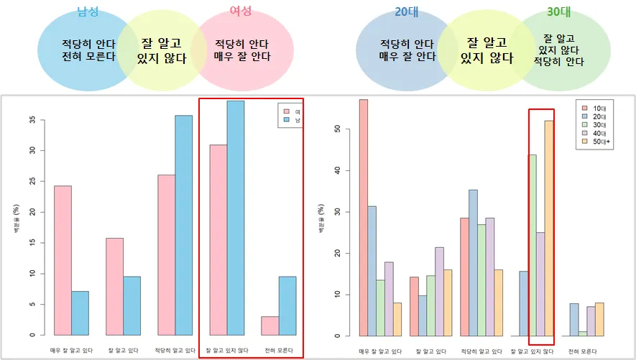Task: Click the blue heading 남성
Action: tap(87, 13)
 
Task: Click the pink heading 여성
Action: tap(241, 13)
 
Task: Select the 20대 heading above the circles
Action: tap(407, 12)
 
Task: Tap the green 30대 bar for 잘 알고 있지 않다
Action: tap(533, 245)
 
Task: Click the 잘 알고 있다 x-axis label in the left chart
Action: tap(124, 350)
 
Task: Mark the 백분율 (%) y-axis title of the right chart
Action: tap(321, 219)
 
